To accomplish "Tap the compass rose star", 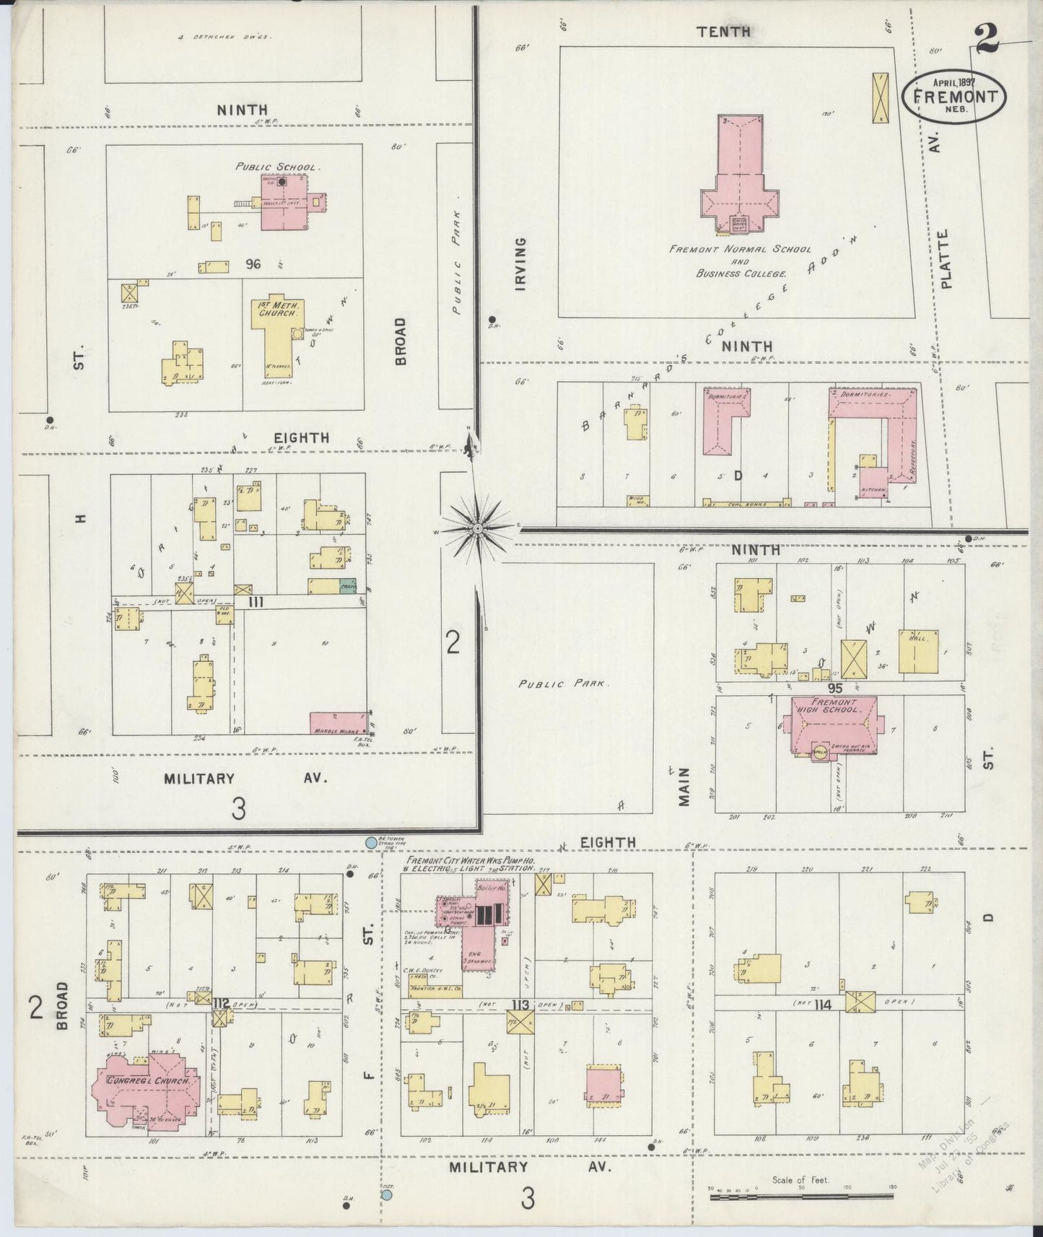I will [477, 530].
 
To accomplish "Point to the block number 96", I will [253, 264].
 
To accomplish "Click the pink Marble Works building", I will [337, 722].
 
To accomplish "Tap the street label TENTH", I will [723, 32].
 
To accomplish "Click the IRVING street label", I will [520, 263].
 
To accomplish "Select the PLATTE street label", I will [946, 258].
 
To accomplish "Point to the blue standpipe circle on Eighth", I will [371, 842].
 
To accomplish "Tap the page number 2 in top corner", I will [987, 39].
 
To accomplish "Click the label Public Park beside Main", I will [564, 683].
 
